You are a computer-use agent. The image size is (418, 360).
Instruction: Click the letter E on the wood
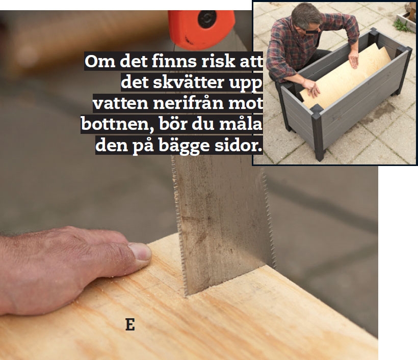130,324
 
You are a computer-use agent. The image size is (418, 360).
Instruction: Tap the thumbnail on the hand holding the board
141,252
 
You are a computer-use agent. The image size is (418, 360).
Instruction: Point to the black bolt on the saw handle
207,20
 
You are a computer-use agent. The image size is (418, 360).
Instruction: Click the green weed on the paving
401,23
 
